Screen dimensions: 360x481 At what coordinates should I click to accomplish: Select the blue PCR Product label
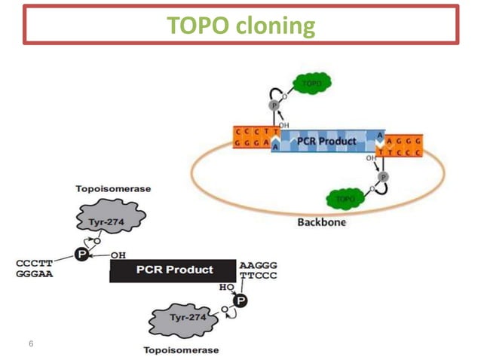(x=326, y=141)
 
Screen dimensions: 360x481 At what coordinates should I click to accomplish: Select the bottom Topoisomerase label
(x=181, y=349)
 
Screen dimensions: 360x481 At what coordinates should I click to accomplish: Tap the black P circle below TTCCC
(x=240, y=301)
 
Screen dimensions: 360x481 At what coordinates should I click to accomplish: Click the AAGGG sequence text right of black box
(x=259, y=265)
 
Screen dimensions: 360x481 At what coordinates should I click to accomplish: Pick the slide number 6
(x=31, y=343)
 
